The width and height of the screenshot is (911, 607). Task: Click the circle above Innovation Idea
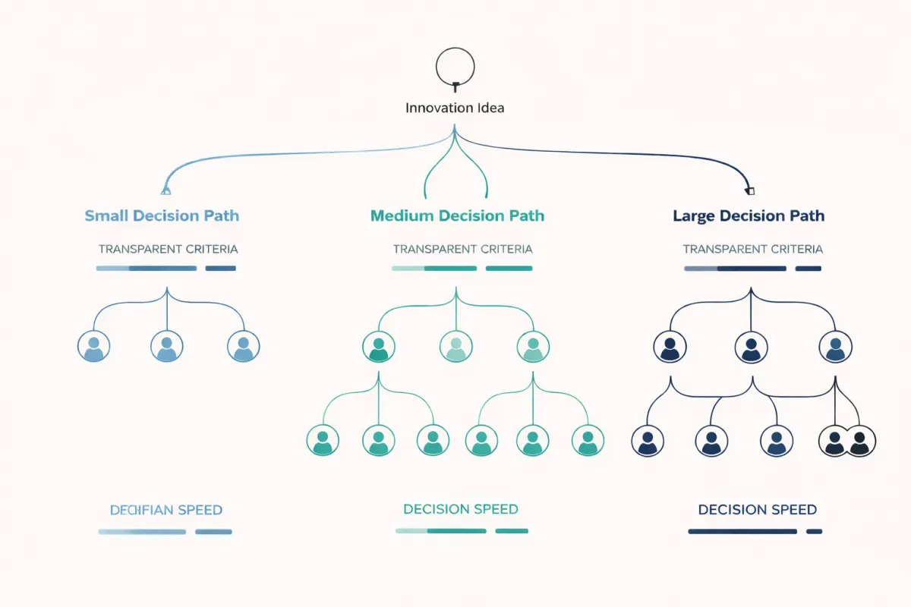(455, 66)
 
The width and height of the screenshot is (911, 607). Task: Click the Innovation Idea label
(455, 108)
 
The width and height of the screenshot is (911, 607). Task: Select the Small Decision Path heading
(162, 215)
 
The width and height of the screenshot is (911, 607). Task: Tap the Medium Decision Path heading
(457, 215)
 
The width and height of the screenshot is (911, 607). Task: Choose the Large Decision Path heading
(749, 215)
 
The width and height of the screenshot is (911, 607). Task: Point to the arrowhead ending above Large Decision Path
(750, 190)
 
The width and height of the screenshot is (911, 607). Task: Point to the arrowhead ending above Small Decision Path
(165, 190)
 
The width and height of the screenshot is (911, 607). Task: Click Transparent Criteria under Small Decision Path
(168, 249)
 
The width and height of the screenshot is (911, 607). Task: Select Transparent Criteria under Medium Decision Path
(462, 249)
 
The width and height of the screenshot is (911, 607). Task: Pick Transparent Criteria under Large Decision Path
(752, 249)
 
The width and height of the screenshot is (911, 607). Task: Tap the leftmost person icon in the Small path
(93, 346)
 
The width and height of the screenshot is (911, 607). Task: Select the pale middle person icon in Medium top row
(455, 346)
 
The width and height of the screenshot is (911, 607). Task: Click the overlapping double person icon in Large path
(846, 440)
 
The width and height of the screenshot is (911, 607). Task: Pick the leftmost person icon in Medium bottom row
(322, 440)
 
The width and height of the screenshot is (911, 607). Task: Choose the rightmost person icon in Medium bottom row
(587, 440)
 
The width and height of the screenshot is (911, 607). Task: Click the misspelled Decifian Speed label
(166, 510)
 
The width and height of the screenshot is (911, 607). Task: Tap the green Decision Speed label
(461, 509)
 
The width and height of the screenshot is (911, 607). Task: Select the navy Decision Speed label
(757, 510)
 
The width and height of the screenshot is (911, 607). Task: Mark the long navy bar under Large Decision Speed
(742, 531)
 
